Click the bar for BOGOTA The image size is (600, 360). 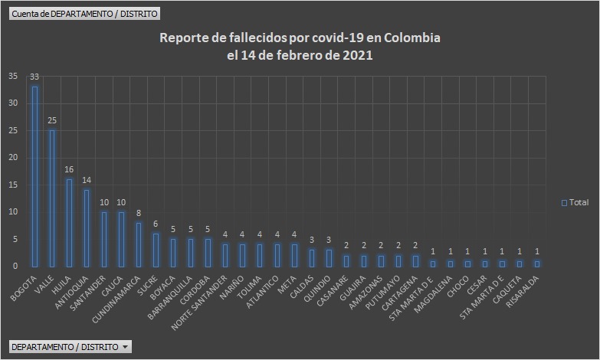coord(34,176)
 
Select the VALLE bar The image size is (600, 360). coord(52,198)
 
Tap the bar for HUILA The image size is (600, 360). coord(69,222)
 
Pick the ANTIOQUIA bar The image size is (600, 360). coord(87,227)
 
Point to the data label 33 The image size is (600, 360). coord(34,77)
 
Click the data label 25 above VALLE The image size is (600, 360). coord(52,120)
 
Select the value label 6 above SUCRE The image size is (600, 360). coord(156,224)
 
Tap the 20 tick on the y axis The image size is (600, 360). coord(13,158)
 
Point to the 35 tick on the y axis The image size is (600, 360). coord(13,77)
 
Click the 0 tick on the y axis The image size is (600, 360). coord(15,266)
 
